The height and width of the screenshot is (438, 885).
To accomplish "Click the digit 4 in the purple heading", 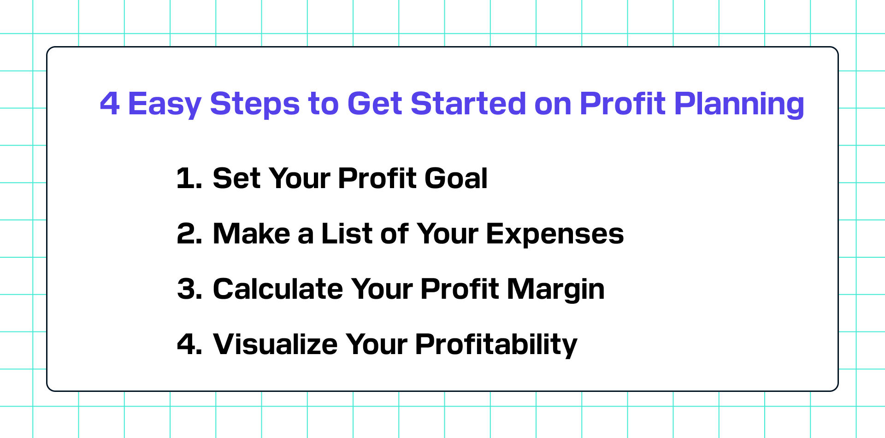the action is point(110,103).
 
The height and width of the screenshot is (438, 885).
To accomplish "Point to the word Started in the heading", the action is point(468,103).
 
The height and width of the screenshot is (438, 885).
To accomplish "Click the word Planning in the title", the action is point(739,105).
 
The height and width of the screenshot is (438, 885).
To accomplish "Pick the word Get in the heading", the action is point(374,103).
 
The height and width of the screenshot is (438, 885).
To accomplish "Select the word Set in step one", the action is point(236,178).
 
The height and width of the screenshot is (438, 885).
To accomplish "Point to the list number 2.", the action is point(189,234).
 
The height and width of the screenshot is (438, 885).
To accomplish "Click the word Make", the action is point(251,233).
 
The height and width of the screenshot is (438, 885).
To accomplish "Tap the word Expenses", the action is point(555,235).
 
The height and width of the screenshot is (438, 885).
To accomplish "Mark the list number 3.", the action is point(189,289).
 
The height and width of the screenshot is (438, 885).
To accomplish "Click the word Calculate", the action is point(277,289).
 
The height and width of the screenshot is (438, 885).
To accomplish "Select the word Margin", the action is point(556,290).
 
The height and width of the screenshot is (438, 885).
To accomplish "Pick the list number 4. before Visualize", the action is point(189,344).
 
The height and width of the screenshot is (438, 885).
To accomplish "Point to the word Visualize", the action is point(275,344).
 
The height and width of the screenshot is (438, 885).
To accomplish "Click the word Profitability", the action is point(496,345).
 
